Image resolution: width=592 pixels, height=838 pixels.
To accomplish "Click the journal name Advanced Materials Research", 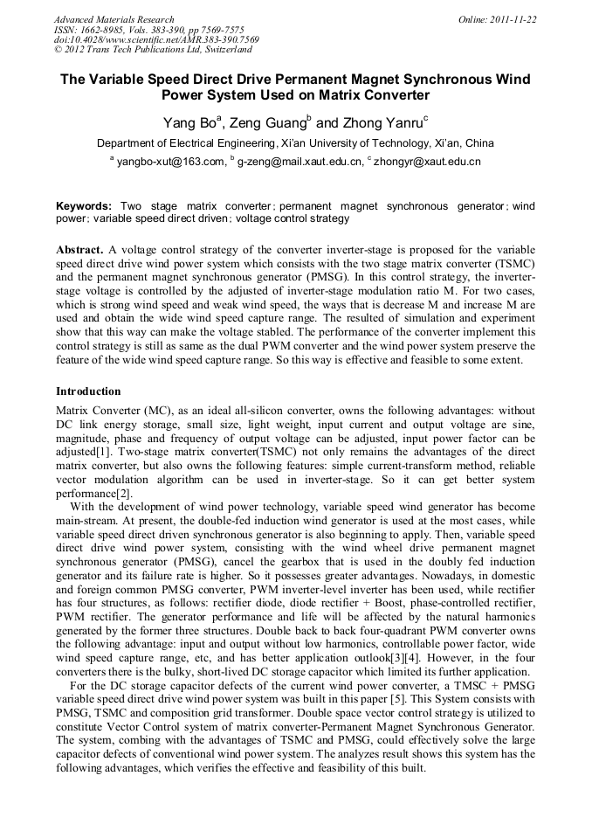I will tap(114, 19).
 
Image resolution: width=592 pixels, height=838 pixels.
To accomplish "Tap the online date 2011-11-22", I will tap(513, 19).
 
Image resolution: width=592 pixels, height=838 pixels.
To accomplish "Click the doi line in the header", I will tap(155, 39).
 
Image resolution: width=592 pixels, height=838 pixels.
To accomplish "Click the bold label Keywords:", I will tap(84, 206).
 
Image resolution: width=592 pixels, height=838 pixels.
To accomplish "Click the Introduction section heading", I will tap(88, 391).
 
